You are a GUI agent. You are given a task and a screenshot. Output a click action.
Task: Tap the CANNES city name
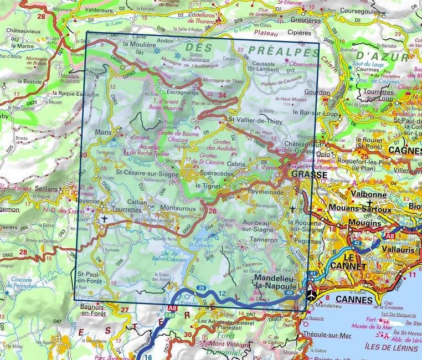pos(354,300)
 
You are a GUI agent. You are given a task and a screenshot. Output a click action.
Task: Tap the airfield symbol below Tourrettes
pos(104,220)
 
